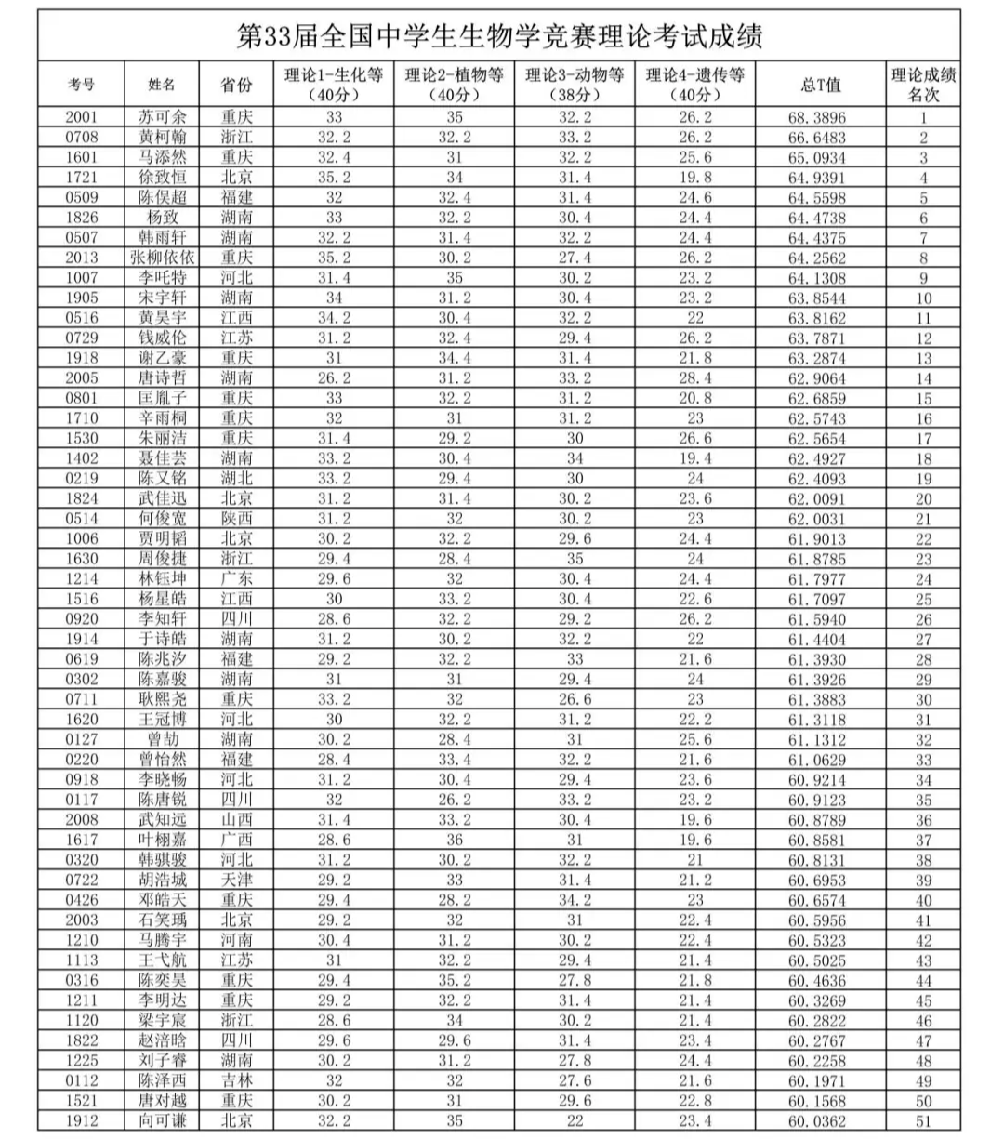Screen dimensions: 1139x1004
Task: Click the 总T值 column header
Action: [820, 85]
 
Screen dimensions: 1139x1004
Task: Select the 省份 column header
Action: [236, 85]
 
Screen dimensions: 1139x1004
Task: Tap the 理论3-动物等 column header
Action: [575, 85]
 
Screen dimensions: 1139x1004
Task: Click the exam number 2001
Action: [81, 117]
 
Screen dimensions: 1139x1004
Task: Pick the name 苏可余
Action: [162, 117]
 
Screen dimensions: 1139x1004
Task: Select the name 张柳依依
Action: [162, 258]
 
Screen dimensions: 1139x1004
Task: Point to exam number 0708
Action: [81, 137]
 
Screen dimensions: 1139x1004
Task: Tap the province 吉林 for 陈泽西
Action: [236, 1081]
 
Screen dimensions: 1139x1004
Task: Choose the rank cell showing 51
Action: [923, 1121]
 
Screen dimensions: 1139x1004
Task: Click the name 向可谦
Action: [162, 1120]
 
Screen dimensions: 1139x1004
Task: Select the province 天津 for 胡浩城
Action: [236, 880]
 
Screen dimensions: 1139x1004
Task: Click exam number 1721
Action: [81, 177]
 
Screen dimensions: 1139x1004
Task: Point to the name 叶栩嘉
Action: [162, 840]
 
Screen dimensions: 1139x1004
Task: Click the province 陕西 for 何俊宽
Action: [236, 519]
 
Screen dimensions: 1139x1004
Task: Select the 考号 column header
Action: [81, 85]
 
